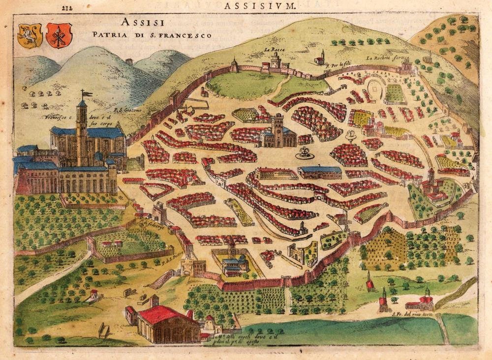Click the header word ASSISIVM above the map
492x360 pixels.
[x=259, y=6]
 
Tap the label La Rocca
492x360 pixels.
[x=275, y=50]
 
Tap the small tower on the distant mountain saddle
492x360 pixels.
[x=129, y=62]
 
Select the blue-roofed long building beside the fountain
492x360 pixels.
[x=320, y=172]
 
